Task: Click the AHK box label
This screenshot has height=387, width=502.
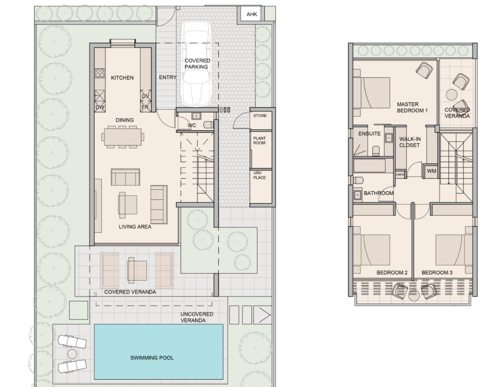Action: [251, 14]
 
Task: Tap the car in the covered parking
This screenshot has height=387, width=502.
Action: [196, 64]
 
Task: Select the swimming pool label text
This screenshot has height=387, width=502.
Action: [152, 358]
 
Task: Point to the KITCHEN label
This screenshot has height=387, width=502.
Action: [123, 77]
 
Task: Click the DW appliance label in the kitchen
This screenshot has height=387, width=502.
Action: [100, 107]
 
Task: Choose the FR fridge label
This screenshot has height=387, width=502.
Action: [145, 107]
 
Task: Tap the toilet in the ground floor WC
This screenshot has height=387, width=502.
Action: [209, 124]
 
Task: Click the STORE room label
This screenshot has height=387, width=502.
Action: [260, 116]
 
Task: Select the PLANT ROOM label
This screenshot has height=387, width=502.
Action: [259, 141]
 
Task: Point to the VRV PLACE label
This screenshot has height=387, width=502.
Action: [259, 175]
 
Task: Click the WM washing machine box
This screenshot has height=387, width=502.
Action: [431, 171]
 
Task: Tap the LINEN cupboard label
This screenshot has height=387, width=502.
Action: [400, 175]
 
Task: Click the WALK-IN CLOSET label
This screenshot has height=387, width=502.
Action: [410, 142]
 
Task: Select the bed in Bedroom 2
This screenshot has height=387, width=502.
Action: [371, 250]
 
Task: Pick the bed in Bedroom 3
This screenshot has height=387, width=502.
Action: [454, 250]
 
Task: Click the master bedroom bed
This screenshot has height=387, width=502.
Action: [371, 93]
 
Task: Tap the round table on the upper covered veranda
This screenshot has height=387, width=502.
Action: [452, 95]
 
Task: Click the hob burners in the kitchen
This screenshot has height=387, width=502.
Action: [100, 73]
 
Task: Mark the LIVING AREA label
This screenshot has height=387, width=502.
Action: [135, 227]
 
